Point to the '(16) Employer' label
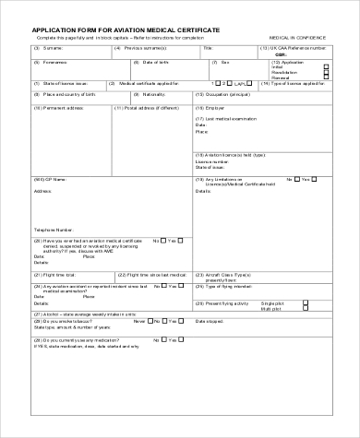tap(211, 107)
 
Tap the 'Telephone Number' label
tap(54, 228)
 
